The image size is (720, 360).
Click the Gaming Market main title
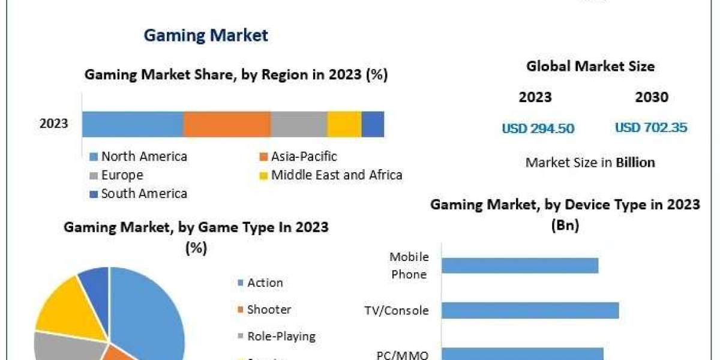pos(206,35)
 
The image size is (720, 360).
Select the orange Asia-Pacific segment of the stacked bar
pos(227,124)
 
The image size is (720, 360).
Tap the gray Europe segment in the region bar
pos(299,124)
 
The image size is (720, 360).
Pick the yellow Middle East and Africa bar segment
pos(344,124)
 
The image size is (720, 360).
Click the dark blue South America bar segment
pos(373,124)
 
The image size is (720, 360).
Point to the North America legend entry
pos(144,157)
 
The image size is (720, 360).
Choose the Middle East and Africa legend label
pos(337,175)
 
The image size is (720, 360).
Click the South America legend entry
pos(144,193)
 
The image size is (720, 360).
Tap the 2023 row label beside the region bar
pos(54,124)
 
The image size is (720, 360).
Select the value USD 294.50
pos(538,128)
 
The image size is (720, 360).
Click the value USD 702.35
pos(651,128)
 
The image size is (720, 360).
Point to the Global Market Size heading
pos(590,66)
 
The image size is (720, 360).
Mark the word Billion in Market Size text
pos(635,162)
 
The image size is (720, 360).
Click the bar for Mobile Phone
pos(521,265)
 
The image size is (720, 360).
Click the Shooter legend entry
pos(269,310)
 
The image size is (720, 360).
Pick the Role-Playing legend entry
pos(281,336)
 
